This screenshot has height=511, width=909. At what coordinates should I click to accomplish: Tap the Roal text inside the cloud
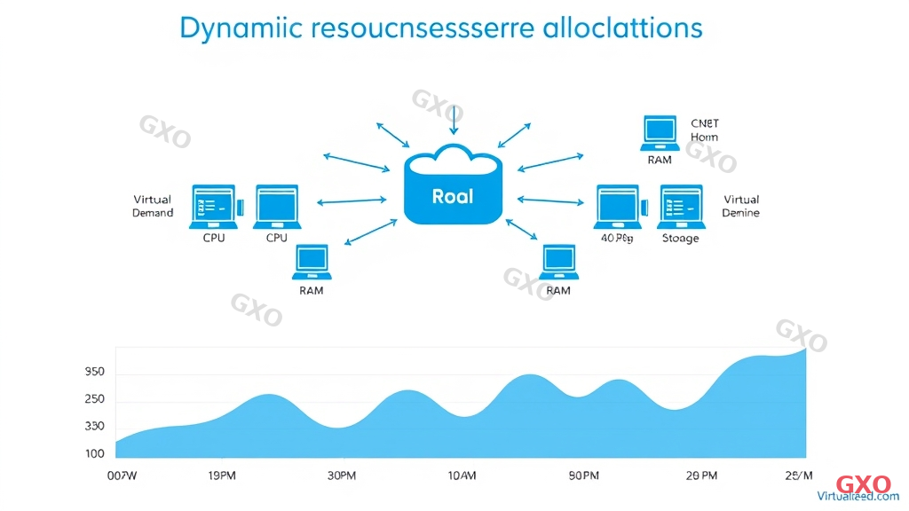coord(453,195)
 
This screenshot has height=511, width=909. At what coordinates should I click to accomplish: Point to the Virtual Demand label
coord(153,206)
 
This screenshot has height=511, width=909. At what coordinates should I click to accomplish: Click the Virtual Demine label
coord(741,206)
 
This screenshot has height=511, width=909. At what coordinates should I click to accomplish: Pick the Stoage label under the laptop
coord(681,238)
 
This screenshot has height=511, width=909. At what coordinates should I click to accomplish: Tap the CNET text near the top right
coord(704,123)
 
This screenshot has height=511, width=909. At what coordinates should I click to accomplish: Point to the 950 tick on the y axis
coord(94,372)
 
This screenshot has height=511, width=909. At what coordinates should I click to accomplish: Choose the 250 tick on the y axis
coord(94,399)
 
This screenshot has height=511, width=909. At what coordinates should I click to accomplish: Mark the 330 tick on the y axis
coord(94,426)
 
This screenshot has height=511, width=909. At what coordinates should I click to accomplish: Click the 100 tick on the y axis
coord(94,453)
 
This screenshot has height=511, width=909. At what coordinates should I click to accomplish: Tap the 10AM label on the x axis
coord(462,476)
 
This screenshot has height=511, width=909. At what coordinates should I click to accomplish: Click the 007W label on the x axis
coord(122,476)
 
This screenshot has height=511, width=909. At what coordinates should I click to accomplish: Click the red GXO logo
coord(864,484)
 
